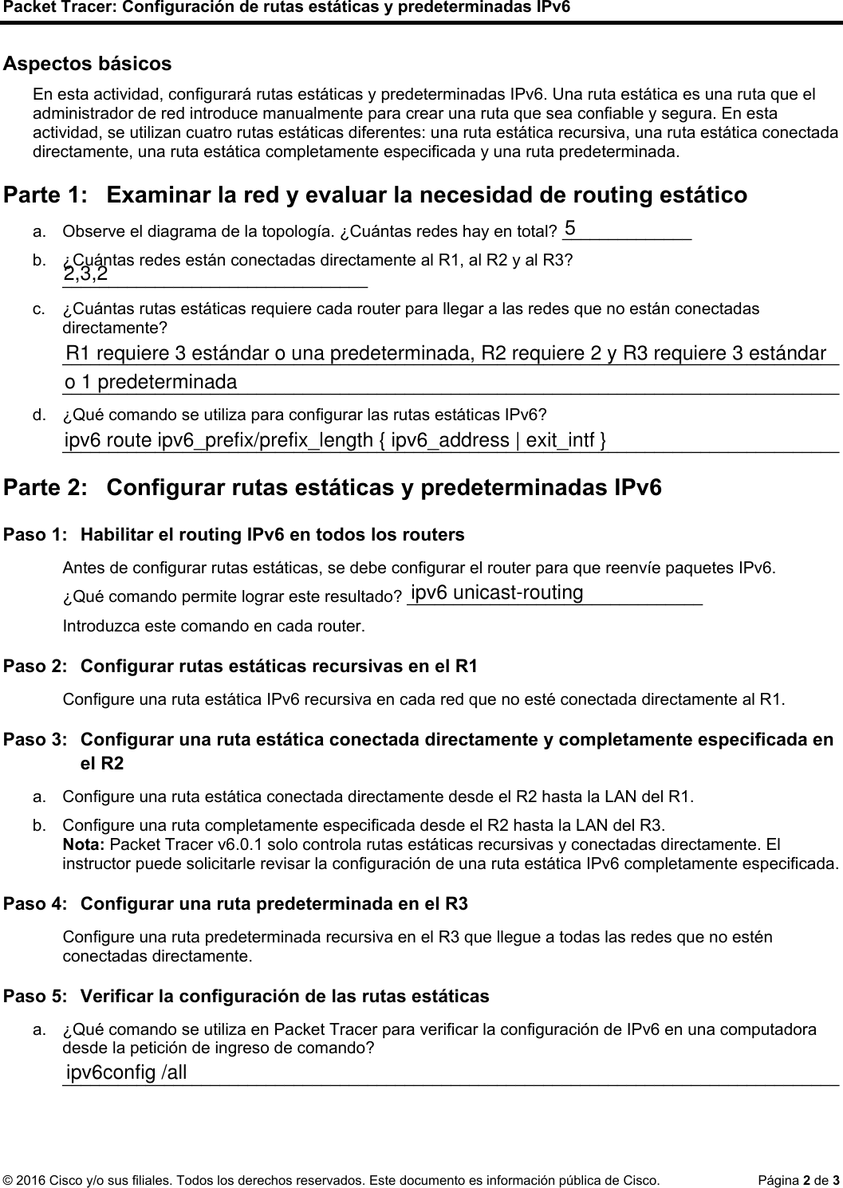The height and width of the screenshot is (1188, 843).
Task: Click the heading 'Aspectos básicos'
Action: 88,64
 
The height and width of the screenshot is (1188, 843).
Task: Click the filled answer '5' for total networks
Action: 570,228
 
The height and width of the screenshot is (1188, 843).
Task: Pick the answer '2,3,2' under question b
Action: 86,275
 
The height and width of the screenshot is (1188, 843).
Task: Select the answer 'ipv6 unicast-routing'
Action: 497,593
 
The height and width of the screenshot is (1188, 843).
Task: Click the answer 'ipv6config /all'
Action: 126,1073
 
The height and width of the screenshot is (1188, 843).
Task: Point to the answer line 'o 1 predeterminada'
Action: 151,383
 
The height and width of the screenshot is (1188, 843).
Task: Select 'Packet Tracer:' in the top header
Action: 52,8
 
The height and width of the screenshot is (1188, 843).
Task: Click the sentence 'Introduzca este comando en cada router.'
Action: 214,626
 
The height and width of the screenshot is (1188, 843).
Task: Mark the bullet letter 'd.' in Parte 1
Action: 38,415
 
